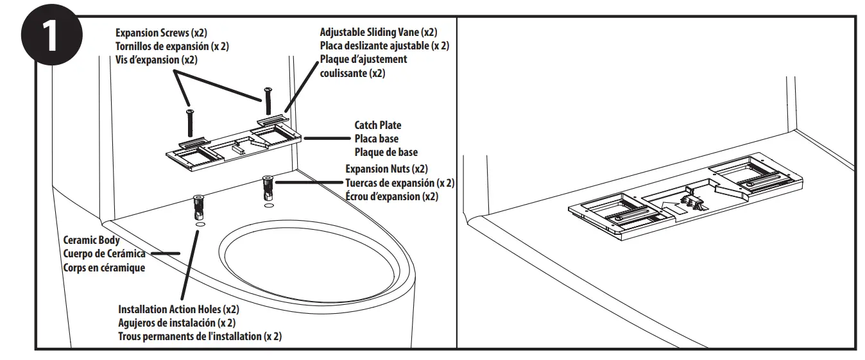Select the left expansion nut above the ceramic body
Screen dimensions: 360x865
[x=198, y=207]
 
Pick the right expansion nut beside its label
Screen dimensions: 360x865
[x=267, y=188]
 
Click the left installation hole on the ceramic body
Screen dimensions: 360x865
[x=200, y=225]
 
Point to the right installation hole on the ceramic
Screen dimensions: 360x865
[x=268, y=207]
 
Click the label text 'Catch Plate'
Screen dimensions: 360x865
[x=377, y=126]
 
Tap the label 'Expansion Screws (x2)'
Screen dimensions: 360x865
[x=161, y=32]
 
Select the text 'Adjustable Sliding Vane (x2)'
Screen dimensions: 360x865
[x=379, y=32]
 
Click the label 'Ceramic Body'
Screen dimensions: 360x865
[x=91, y=241]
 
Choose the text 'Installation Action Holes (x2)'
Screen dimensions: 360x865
[x=179, y=309]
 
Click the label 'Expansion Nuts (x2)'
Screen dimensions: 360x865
[x=386, y=169]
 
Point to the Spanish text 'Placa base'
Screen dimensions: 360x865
[x=377, y=139]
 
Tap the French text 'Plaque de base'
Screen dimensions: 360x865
[x=386, y=152]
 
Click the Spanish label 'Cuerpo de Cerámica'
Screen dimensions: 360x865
[x=103, y=254]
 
